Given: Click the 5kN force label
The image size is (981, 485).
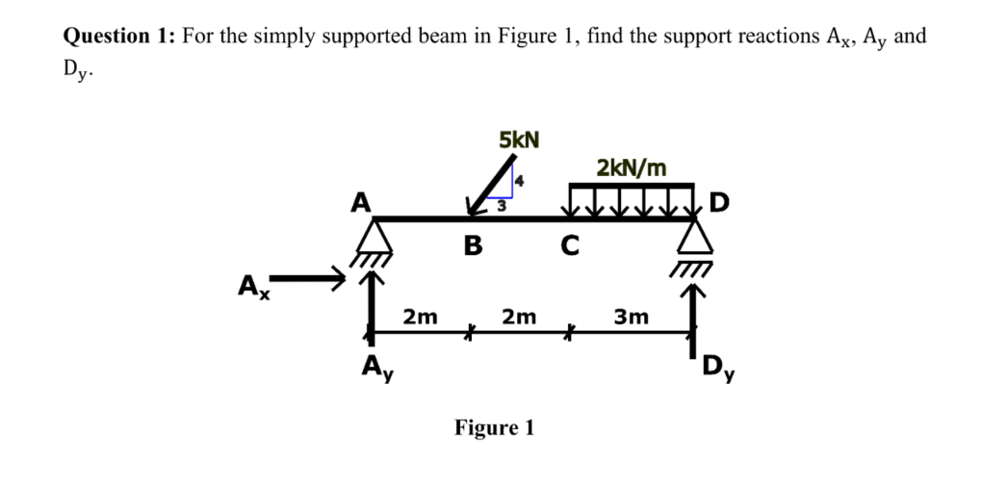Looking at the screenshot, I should [520, 140].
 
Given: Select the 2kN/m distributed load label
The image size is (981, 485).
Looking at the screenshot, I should [631, 167].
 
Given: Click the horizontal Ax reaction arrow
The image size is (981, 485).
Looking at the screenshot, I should [308, 280].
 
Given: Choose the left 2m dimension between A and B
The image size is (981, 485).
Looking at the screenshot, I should [420, 315].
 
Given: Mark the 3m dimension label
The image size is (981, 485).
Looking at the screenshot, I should [632, 315].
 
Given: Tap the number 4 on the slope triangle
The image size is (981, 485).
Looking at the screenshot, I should [517, 180].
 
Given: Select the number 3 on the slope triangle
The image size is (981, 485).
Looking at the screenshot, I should [501, 204].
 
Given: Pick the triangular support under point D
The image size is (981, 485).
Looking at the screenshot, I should [692, 238].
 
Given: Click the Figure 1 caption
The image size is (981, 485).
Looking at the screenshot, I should [494, 426].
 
